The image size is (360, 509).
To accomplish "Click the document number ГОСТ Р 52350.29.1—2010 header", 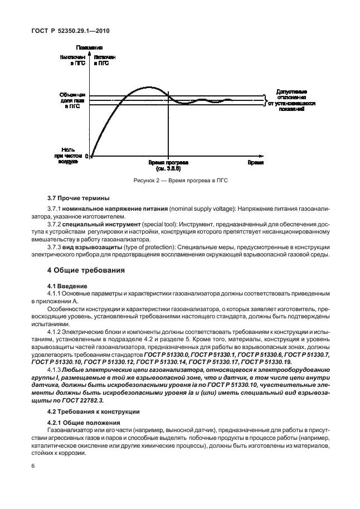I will click(x=70, y=32).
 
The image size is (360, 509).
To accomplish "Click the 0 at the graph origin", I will click(x=87, y=157).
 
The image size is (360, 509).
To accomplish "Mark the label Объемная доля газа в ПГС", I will click(x=72, y=100).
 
